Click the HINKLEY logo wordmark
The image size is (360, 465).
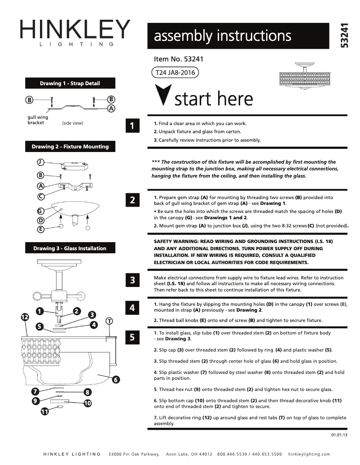(75, 30)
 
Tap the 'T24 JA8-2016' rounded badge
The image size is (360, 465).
(176, 72)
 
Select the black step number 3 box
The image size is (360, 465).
(132, 281)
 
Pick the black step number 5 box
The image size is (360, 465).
(132, 337)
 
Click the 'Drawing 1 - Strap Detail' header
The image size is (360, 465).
(70, 83)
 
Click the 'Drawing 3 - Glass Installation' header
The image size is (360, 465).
(70, 248)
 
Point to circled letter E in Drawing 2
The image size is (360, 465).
(40, 229)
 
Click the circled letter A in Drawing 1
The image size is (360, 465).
(111, 108)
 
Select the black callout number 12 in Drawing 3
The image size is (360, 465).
(25, 317)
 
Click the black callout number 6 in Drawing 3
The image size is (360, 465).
(115, 380)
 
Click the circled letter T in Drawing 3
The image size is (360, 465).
(109, 321)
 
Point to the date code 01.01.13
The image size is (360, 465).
(339, 435)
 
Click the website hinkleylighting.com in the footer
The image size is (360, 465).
(309, 454)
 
